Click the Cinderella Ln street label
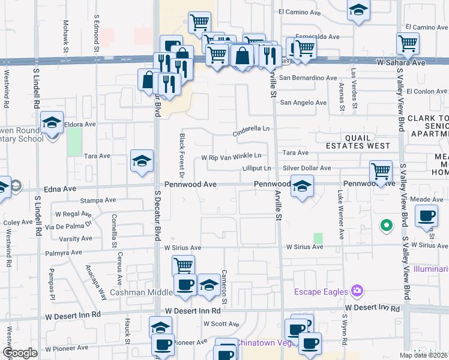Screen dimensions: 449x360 point(252,129)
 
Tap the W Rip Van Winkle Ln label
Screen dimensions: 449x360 point(231,157)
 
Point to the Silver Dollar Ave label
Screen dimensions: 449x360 point(307,169)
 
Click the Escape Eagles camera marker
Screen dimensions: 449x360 point(358,291)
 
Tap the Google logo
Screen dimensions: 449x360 point(20,353)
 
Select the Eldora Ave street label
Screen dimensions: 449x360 point(81,125)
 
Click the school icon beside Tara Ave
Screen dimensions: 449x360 point(142,160)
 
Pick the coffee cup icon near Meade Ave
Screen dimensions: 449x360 point(426,215)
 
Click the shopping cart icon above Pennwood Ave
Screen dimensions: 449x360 point(381,171)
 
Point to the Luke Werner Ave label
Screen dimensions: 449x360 point(340,208)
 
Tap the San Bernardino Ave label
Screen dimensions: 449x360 point(308,78)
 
